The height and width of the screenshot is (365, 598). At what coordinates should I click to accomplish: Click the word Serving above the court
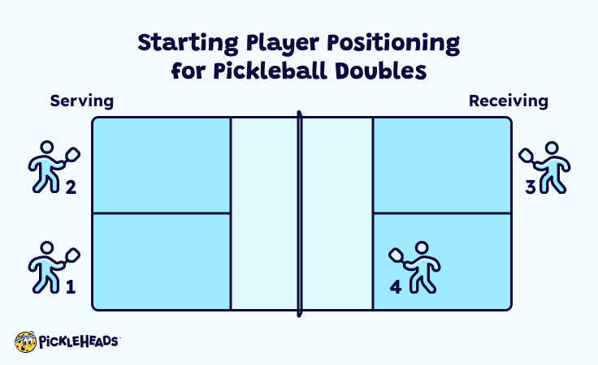click(x=81, y=101)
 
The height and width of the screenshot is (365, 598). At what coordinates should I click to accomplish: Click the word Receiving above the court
click(x=509, y=101)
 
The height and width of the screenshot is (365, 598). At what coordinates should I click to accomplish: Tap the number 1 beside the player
click(x=70, y=286)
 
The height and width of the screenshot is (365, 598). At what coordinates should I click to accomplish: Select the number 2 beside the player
click(x=70, y=188)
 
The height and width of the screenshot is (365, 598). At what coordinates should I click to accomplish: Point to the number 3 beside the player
click(x=530, y=187)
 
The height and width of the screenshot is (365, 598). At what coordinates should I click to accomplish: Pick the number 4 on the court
click(x=396, y=286)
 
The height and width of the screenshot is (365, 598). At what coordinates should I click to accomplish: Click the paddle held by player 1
click(x=71, y=253)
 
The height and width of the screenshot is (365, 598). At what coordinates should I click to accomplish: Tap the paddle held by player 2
click(x=71, y=154)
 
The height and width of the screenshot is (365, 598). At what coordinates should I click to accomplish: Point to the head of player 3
click(x=552, y=149)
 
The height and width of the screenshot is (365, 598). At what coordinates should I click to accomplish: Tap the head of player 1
click(x=46, y=248)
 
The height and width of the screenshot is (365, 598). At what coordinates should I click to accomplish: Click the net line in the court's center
click(x=299, y=213)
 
